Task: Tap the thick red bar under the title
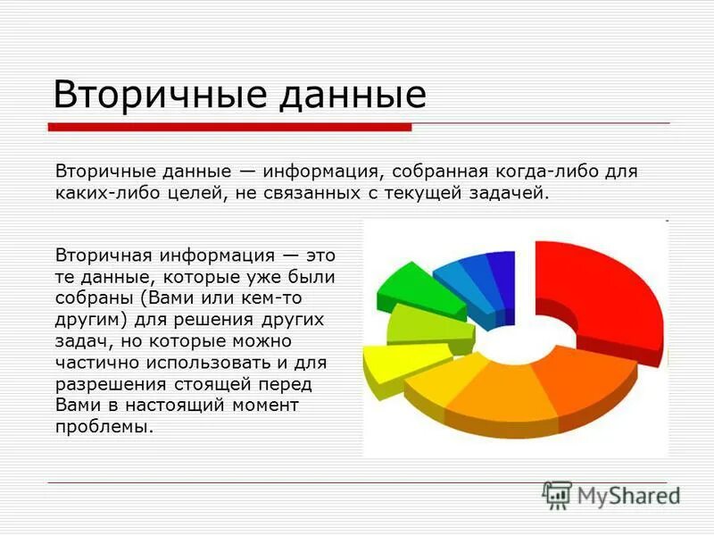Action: click(x=228, y=127)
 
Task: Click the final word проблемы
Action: click(x=103, y=429)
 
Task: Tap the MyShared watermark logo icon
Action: click(x=557, y=494)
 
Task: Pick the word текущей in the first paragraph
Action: click(x=431, y=194)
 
